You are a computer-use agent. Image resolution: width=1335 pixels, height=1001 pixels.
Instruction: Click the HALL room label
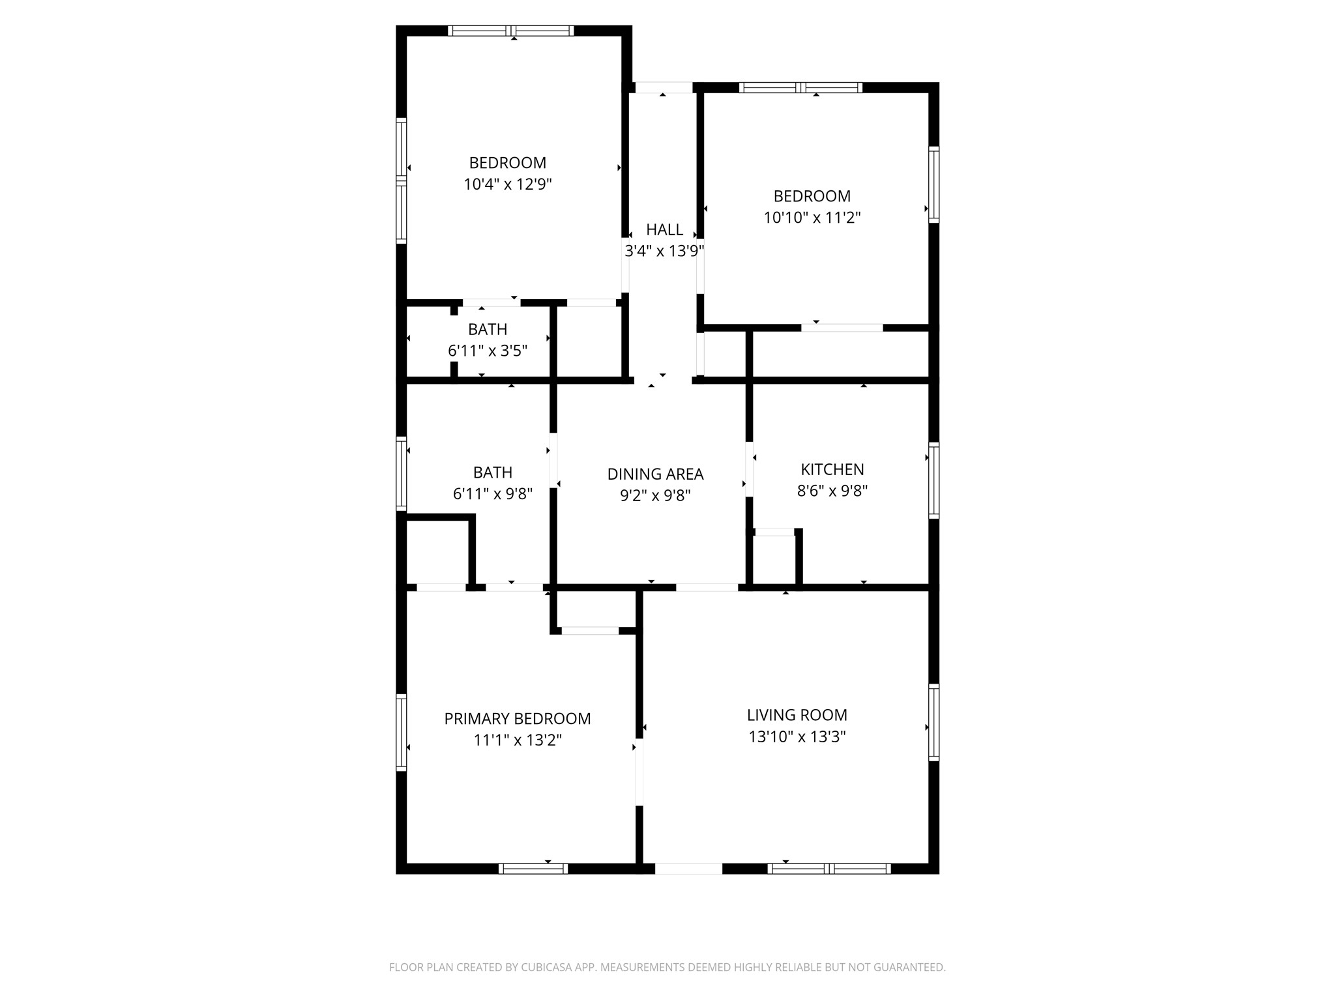coord(664,229)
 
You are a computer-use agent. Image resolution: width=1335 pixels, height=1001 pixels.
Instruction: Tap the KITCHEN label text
coord(832,469)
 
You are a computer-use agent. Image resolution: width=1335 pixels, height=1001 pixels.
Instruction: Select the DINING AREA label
coord(655,474)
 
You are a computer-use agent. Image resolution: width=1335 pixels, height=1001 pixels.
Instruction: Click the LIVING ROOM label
coord(797,715)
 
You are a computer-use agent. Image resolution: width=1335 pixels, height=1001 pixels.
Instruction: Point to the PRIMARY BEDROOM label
coord(517,719)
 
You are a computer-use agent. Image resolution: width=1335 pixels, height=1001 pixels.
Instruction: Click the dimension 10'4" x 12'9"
coord(507,184)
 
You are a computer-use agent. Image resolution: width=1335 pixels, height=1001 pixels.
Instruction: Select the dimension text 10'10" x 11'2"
coord(812,218)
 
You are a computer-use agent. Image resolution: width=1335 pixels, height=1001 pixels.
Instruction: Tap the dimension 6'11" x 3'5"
coord(487,351)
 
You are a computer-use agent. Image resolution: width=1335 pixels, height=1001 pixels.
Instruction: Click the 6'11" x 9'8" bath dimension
coord(492,494)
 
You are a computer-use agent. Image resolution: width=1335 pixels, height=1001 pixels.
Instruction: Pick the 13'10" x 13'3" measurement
coord(797,737)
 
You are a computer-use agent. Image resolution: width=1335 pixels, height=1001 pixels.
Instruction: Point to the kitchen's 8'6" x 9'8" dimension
coord(832,491)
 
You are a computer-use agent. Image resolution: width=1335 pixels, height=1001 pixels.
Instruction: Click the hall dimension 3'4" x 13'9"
coord(664,251)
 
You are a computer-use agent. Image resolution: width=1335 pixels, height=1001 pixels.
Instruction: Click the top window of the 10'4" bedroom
coord(511,31)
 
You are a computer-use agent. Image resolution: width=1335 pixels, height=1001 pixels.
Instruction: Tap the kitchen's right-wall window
coord(933,480)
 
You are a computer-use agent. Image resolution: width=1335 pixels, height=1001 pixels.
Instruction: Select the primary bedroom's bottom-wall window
coord(533,868)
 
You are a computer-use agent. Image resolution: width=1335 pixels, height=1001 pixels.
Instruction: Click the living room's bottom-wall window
coord(829,868)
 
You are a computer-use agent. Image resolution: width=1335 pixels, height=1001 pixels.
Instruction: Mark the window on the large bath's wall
coord(402,472)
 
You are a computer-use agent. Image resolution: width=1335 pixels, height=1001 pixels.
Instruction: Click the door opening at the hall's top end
coord(663,87)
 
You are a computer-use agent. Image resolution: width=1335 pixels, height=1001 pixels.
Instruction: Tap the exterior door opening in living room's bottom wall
coord(688,868)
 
